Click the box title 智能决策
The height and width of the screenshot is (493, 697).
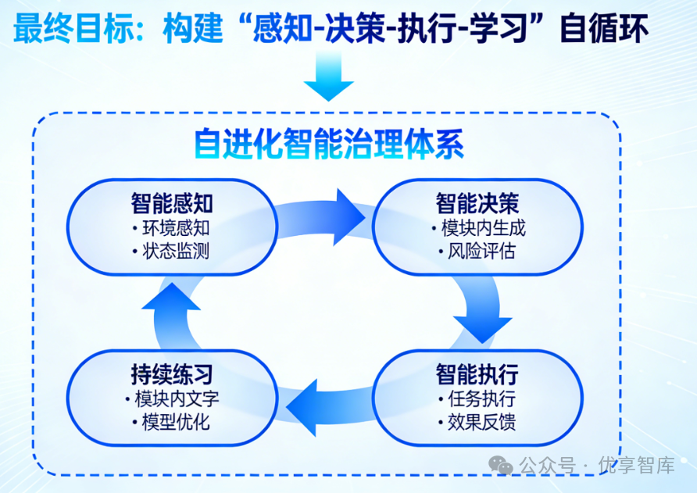(x=477, y=204)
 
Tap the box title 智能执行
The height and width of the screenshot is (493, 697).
(x=477, y=374)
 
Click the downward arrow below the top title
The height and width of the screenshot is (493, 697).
(x=328, y=78)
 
